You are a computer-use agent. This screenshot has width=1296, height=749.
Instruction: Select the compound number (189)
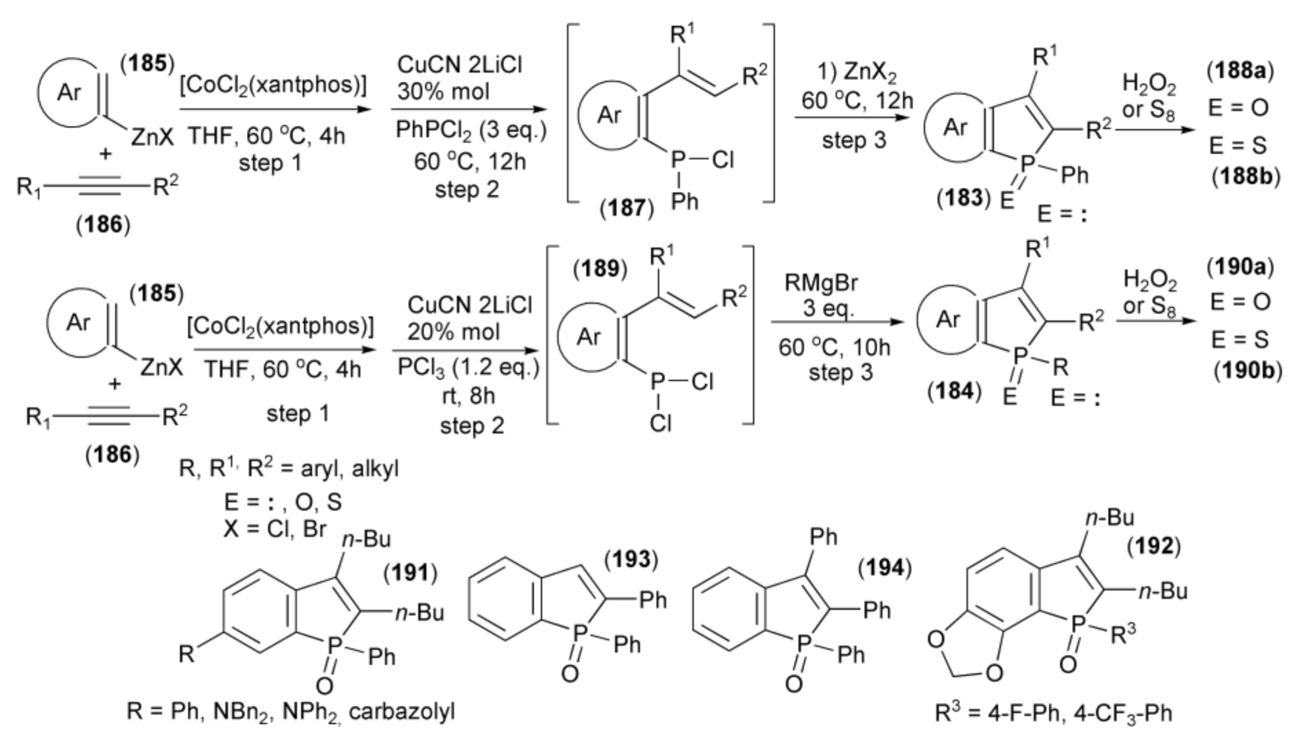(x=600, y=269)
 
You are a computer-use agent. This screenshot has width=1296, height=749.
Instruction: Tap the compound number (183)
(x=963, y=197)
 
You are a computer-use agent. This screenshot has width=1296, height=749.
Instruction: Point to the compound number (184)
(x=954, y=391)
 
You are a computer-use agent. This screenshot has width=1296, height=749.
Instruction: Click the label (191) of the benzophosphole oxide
(x=410, y=573)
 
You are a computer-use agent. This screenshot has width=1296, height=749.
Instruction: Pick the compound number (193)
(x=631, y=559)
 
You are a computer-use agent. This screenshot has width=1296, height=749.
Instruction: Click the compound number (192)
(x=1153, y=546)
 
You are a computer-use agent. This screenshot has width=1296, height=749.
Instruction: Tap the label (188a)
(x=1240, y=71)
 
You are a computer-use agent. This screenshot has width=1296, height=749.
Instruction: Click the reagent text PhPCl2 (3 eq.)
(x=471, y=131)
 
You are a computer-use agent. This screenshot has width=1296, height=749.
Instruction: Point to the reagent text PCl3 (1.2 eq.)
(x=468, y=368)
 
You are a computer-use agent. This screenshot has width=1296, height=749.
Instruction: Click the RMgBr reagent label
(x=821, y=284)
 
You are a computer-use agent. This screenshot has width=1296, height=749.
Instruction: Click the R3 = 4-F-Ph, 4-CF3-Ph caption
(x=1053, y=712)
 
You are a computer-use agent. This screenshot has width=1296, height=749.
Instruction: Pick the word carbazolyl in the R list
(x=402, y=712)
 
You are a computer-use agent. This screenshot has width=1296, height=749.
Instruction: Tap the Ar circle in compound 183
(x=954, y=127)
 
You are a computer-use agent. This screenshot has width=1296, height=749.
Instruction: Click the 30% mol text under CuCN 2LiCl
(x=443, y=91)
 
